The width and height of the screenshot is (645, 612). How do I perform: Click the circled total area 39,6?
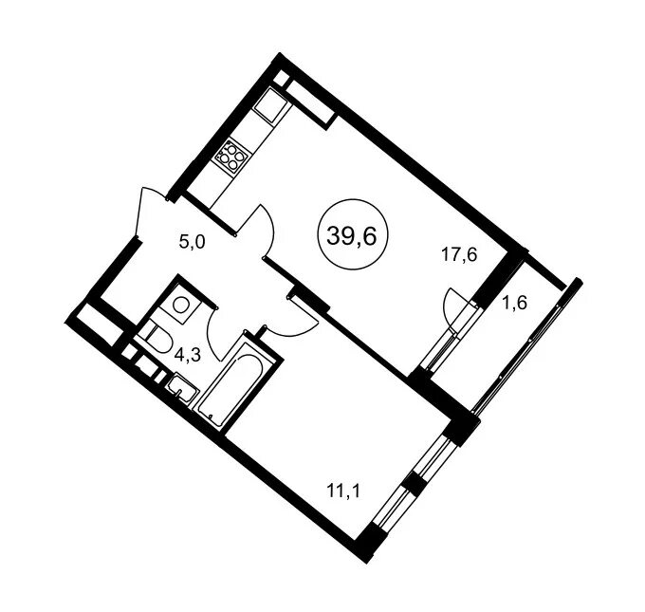(x=352, y=235)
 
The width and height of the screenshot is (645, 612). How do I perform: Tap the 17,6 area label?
(x=459, y=255)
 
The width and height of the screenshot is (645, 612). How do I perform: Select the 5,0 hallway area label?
(x=192, y=242)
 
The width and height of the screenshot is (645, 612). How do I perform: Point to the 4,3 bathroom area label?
(x=187, y=354)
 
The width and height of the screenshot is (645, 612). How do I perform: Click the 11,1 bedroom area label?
(x=343, y=491)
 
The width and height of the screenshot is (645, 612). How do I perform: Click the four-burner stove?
(x=230, y=156)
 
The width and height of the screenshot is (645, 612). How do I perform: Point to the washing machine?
(x=180, y=305)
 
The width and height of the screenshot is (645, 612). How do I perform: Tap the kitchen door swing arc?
(x=269, y=232)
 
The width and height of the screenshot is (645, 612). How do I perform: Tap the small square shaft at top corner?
(x=281, y=78)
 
